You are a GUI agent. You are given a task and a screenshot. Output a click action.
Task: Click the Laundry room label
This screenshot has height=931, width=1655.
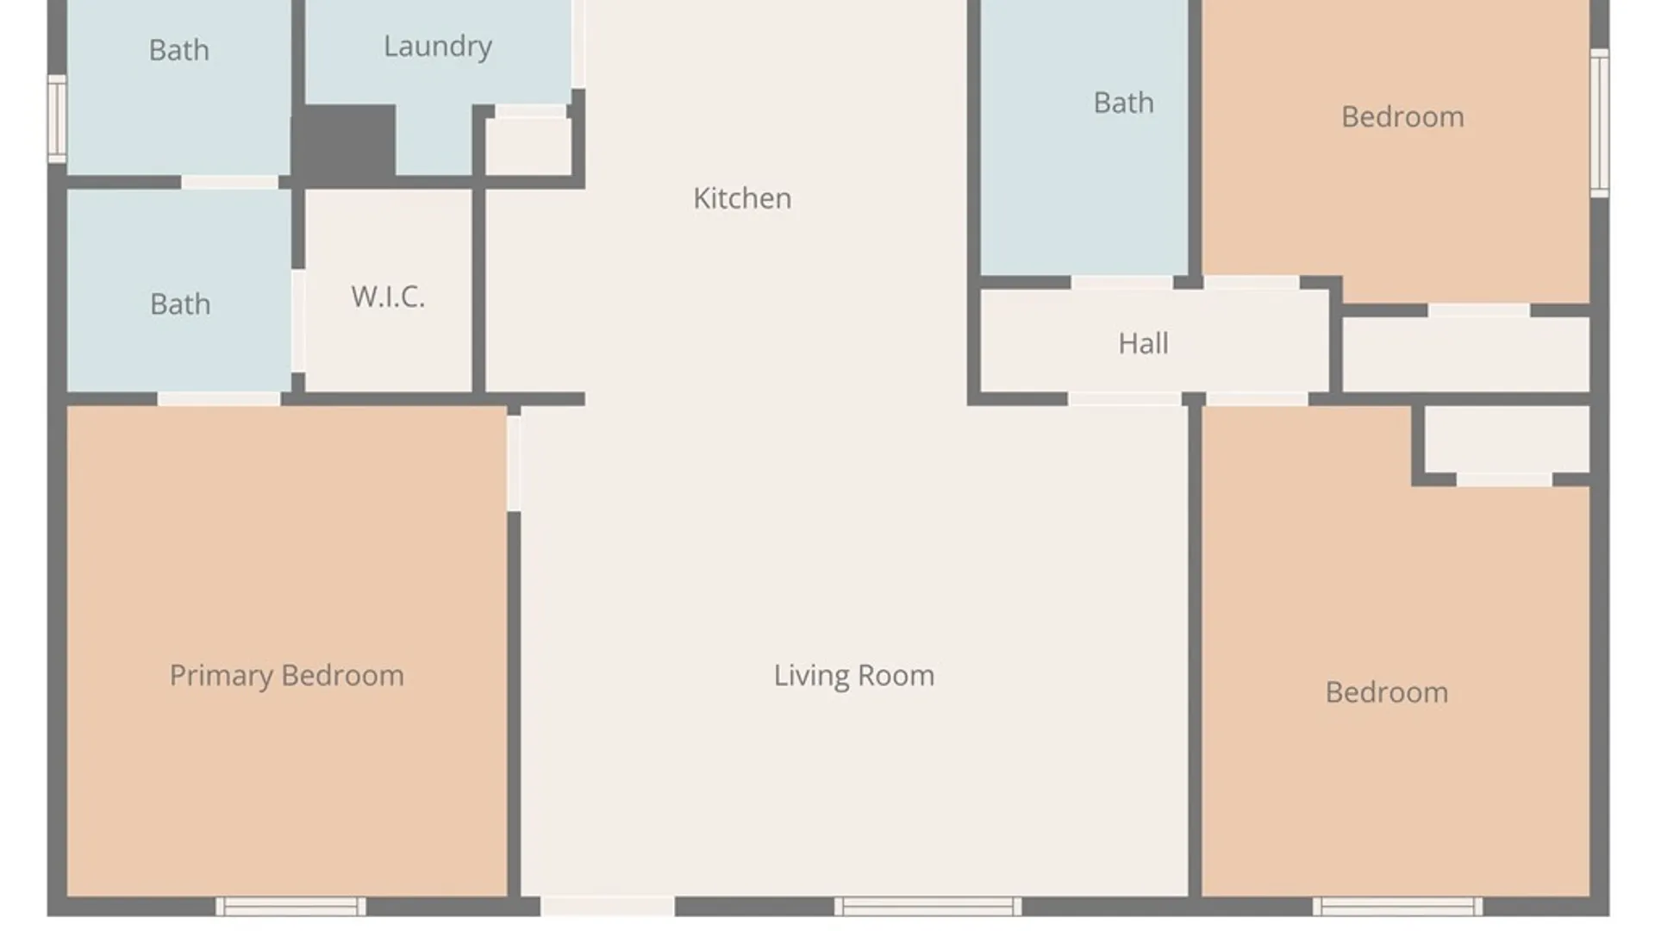438,47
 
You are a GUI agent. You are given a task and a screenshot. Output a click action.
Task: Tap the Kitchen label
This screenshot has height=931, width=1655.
742,198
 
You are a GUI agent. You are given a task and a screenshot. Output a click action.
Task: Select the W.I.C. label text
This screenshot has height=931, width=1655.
388,297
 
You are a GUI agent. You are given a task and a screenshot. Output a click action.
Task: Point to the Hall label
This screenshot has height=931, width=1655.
1143,343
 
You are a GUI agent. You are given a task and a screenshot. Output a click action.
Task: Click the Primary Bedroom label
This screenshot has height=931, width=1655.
286,675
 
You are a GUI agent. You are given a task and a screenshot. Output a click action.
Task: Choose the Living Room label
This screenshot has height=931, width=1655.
853,675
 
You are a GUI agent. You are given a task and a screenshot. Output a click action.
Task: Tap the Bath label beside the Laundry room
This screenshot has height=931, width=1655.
178,50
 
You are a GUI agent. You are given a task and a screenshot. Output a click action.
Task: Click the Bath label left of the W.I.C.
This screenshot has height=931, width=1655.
180,304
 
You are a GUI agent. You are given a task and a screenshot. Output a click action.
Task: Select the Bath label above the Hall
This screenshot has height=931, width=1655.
1123,103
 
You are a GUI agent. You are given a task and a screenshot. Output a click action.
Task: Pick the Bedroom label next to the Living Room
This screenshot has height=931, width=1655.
1386,692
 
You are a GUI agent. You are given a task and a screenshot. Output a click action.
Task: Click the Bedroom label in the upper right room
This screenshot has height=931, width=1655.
1402,116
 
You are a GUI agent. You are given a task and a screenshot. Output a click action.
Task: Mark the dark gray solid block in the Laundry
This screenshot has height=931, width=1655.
345,143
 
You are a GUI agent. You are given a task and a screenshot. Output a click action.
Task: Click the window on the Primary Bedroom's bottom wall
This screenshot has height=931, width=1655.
290,906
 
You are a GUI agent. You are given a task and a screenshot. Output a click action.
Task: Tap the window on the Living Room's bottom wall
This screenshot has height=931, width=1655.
927,906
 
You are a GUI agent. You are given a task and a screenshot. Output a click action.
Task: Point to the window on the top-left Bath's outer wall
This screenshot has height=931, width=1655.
57,119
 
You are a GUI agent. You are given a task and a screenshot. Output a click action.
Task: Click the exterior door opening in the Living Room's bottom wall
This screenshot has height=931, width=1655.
607,906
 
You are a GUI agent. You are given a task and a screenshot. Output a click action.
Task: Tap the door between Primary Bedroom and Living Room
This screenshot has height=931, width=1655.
513,463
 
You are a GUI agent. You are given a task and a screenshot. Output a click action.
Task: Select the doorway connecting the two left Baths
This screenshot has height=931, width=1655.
229,182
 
